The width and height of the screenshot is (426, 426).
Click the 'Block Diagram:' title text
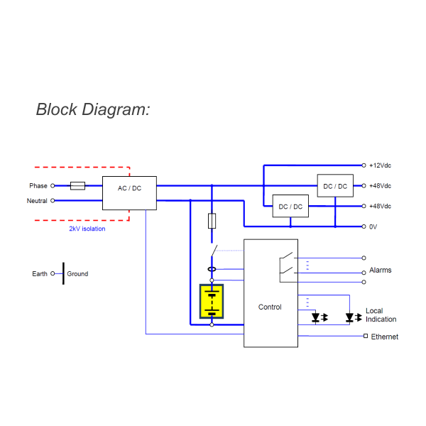(x=93, y=110)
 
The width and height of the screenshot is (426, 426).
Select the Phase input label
(x=38, y=186)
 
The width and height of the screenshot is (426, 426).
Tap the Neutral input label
(x=37, y=201)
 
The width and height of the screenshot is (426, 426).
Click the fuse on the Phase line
(x=78, y=186)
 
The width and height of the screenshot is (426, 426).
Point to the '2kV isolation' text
(x=87, y=229)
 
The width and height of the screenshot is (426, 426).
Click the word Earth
(x=40, y=274)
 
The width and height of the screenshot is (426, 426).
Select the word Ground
(x=77, y=274)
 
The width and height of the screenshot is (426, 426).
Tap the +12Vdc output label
(x=380, y=165)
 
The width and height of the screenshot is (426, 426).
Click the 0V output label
(x=373, y=226)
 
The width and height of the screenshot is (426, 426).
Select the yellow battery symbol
(x=212, y=302)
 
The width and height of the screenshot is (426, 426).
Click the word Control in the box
(x=270, y=307)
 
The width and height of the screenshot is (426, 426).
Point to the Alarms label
(x=380, y=271)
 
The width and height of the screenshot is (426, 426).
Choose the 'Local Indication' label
(x=381, y=315)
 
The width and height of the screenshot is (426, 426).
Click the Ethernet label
(x=384, y=337)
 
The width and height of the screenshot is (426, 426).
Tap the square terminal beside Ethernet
(x=365, y=336)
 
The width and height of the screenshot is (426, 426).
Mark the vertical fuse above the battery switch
(x=212, y=221)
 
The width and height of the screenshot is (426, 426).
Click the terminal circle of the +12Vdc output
(x=364, y=165)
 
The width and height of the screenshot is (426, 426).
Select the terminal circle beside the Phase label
(x=53, y=186)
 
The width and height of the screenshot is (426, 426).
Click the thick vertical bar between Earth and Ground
(x=63, y=273)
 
